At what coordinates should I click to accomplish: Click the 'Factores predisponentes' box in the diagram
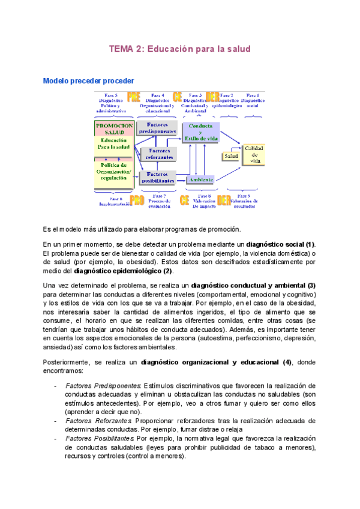157,127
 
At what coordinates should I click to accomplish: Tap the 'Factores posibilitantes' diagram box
157,178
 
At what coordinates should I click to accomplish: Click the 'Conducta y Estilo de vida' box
200,132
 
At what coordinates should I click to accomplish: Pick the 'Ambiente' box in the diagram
200,179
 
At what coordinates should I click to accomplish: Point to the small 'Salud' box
231,156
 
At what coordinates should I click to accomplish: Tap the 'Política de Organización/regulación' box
114,170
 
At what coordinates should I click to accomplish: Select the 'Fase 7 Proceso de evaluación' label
160,200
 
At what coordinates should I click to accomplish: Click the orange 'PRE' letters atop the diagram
134,98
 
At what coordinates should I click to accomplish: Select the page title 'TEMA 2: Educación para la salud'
179,49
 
